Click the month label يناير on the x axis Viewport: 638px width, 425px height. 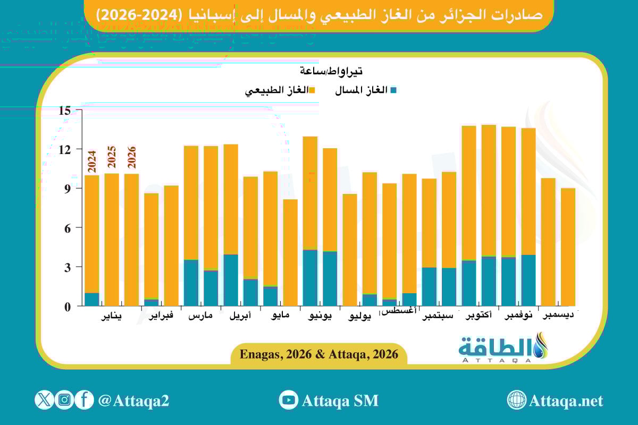111,317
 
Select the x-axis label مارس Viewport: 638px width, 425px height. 200,317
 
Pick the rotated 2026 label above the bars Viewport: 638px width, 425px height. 132,157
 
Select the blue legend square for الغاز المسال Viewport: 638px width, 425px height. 393,90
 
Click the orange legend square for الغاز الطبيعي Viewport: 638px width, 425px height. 312,90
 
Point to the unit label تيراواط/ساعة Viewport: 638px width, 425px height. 331,71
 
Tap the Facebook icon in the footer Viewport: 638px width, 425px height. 84,400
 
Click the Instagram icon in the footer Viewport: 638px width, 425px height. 64,400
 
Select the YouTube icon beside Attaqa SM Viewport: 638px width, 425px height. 289,400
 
